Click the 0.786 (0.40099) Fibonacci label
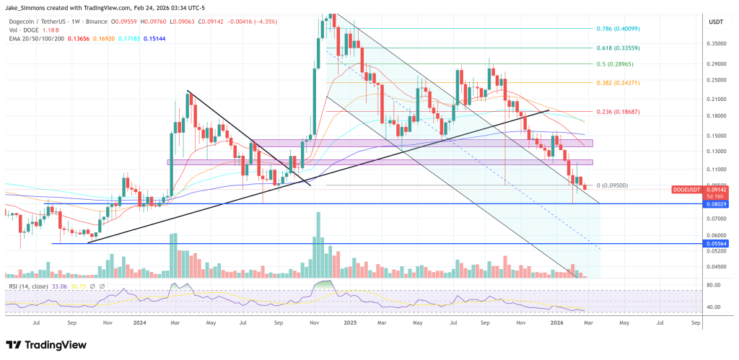[x=618, y=29]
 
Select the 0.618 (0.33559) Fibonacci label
[x=618, y=48]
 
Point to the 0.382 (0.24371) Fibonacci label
[x=618, y=83]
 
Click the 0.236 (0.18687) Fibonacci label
[x=618, y=112]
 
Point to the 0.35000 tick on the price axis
[x=716, y=43]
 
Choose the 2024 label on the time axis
[x=141, y=324]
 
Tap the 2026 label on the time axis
[x=556, y=324]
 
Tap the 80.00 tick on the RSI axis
[x=715, y=286]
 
